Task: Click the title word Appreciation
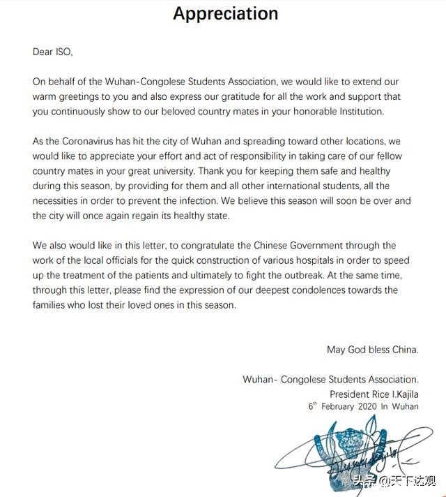click(x=225, y=13)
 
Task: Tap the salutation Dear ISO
click(x=53, y=52)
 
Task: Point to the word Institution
click(x=357, y=111)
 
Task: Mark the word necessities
click(x=59, y=201)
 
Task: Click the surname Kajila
click(x=401, y=394)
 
